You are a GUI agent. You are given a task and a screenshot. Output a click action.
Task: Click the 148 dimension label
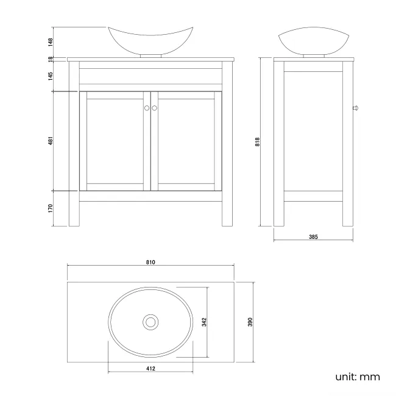[x=52, y=42]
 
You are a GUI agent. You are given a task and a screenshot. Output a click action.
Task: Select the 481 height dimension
[x=52, y=141]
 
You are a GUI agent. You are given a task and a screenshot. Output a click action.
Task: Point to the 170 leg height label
[x=52, y=208]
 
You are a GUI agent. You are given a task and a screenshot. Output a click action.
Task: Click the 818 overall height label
[x=258, y=141]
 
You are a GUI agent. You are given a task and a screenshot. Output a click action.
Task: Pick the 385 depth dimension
[x=313, y=236]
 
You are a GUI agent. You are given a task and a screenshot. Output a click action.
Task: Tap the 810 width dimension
[x=150, y=262]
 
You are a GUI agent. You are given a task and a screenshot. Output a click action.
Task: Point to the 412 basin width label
[x=150, y=369]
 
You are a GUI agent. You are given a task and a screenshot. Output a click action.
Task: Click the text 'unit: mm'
[x=357, y=377]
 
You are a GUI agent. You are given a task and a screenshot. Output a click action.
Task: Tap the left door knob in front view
[x=146, y=108]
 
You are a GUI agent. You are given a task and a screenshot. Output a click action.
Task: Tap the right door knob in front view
[x=154, y=108]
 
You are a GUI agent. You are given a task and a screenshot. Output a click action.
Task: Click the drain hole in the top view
[x=150, y=321]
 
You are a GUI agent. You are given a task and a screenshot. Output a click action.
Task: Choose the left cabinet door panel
[x=115, y=141]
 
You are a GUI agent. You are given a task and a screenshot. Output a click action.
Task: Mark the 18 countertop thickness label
[x=52, y=59]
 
